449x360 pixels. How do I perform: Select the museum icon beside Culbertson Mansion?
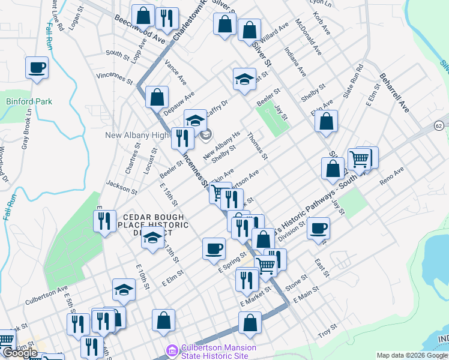172,349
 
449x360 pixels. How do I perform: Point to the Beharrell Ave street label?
394,93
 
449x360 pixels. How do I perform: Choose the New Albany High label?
137,135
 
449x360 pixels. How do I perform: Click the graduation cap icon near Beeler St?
244,79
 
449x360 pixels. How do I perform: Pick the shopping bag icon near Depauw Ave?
156,95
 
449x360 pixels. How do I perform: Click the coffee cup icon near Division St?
318,227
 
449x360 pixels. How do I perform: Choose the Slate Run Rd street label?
354,81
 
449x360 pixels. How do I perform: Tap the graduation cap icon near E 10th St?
124,290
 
